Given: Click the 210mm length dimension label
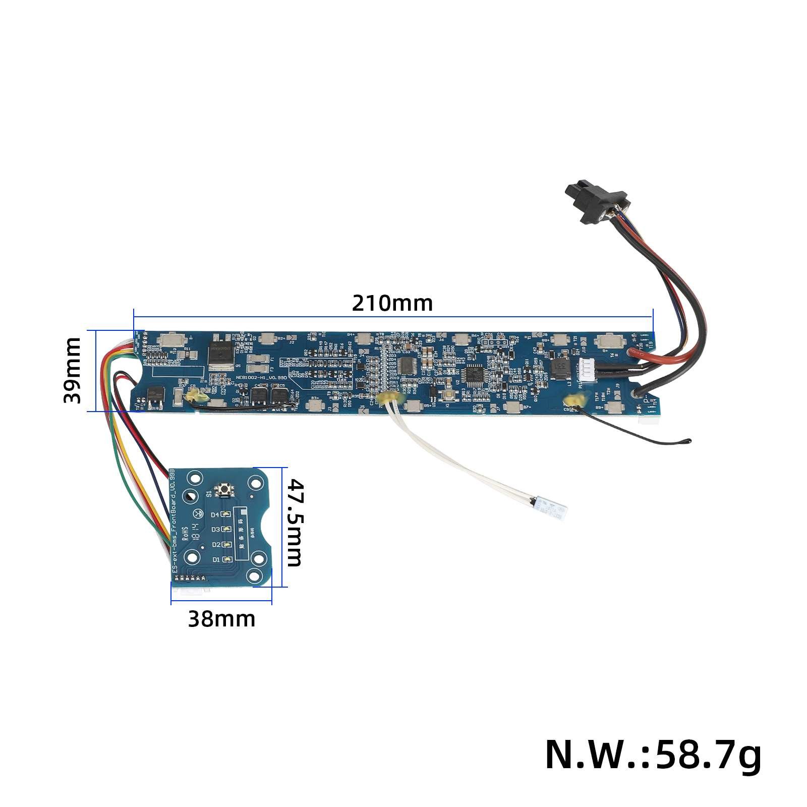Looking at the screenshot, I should [392, 303].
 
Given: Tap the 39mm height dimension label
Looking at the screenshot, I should [72, 370].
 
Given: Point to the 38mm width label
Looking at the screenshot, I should [221, 619].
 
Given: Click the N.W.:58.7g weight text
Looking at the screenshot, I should [653, 754].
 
